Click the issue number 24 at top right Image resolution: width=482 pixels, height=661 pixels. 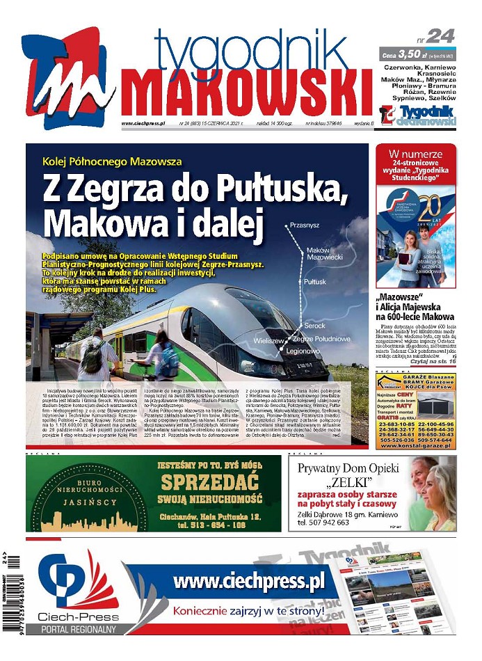(x=440, y=35)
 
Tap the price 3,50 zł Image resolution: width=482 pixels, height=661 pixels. (x=410, y=54)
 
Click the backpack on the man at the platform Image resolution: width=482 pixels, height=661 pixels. (x=93, y=358)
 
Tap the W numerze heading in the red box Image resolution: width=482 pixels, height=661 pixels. (x=416, y=154)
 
